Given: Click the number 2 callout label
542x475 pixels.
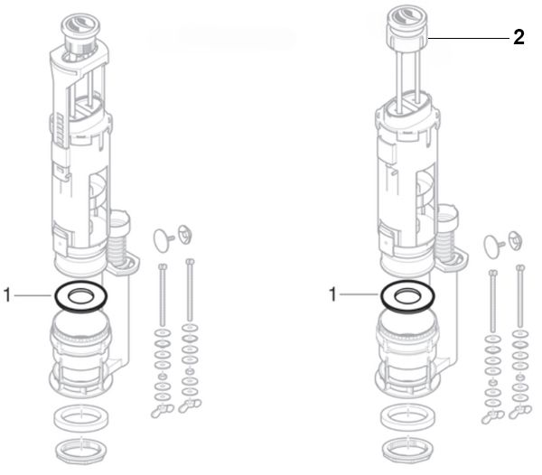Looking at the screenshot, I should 518,38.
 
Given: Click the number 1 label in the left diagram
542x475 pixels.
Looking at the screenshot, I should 7,294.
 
